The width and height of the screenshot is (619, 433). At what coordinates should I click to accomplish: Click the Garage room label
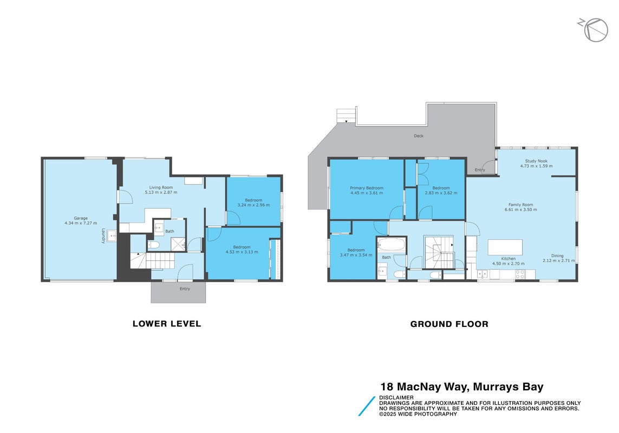coord(81,221)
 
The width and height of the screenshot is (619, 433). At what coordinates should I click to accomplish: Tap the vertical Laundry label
coord(103,235)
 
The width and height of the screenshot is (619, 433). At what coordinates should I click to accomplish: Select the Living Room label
coord(161,190)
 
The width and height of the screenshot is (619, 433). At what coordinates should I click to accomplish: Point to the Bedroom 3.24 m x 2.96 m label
coord(253,202)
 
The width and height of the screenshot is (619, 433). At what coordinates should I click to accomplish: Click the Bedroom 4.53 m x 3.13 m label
coord(242,250)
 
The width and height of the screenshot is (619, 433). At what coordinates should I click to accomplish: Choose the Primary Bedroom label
coord(366,191)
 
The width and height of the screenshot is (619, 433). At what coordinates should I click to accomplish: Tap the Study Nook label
coord(536,163)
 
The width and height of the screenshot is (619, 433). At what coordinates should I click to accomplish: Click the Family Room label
coord(520,207)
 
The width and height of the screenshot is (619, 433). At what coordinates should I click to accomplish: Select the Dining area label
coord(557,258)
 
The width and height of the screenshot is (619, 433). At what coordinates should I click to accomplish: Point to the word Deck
coord(419,136)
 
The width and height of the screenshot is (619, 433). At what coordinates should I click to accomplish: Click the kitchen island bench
coord(505,247)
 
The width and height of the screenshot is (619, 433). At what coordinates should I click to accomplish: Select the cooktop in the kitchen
coord(520,274)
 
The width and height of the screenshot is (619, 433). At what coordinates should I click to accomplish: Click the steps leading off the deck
coord(346,115)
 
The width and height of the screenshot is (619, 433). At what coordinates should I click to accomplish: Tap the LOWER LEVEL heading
coord(167,324)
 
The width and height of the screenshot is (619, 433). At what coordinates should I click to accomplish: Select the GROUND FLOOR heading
coord(449,324)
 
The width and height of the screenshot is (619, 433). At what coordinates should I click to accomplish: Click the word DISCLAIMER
coord(396,397)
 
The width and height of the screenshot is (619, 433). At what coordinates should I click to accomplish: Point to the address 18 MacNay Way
coord(425,386)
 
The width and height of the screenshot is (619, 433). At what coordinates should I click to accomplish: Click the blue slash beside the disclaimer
coord(367,406)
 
